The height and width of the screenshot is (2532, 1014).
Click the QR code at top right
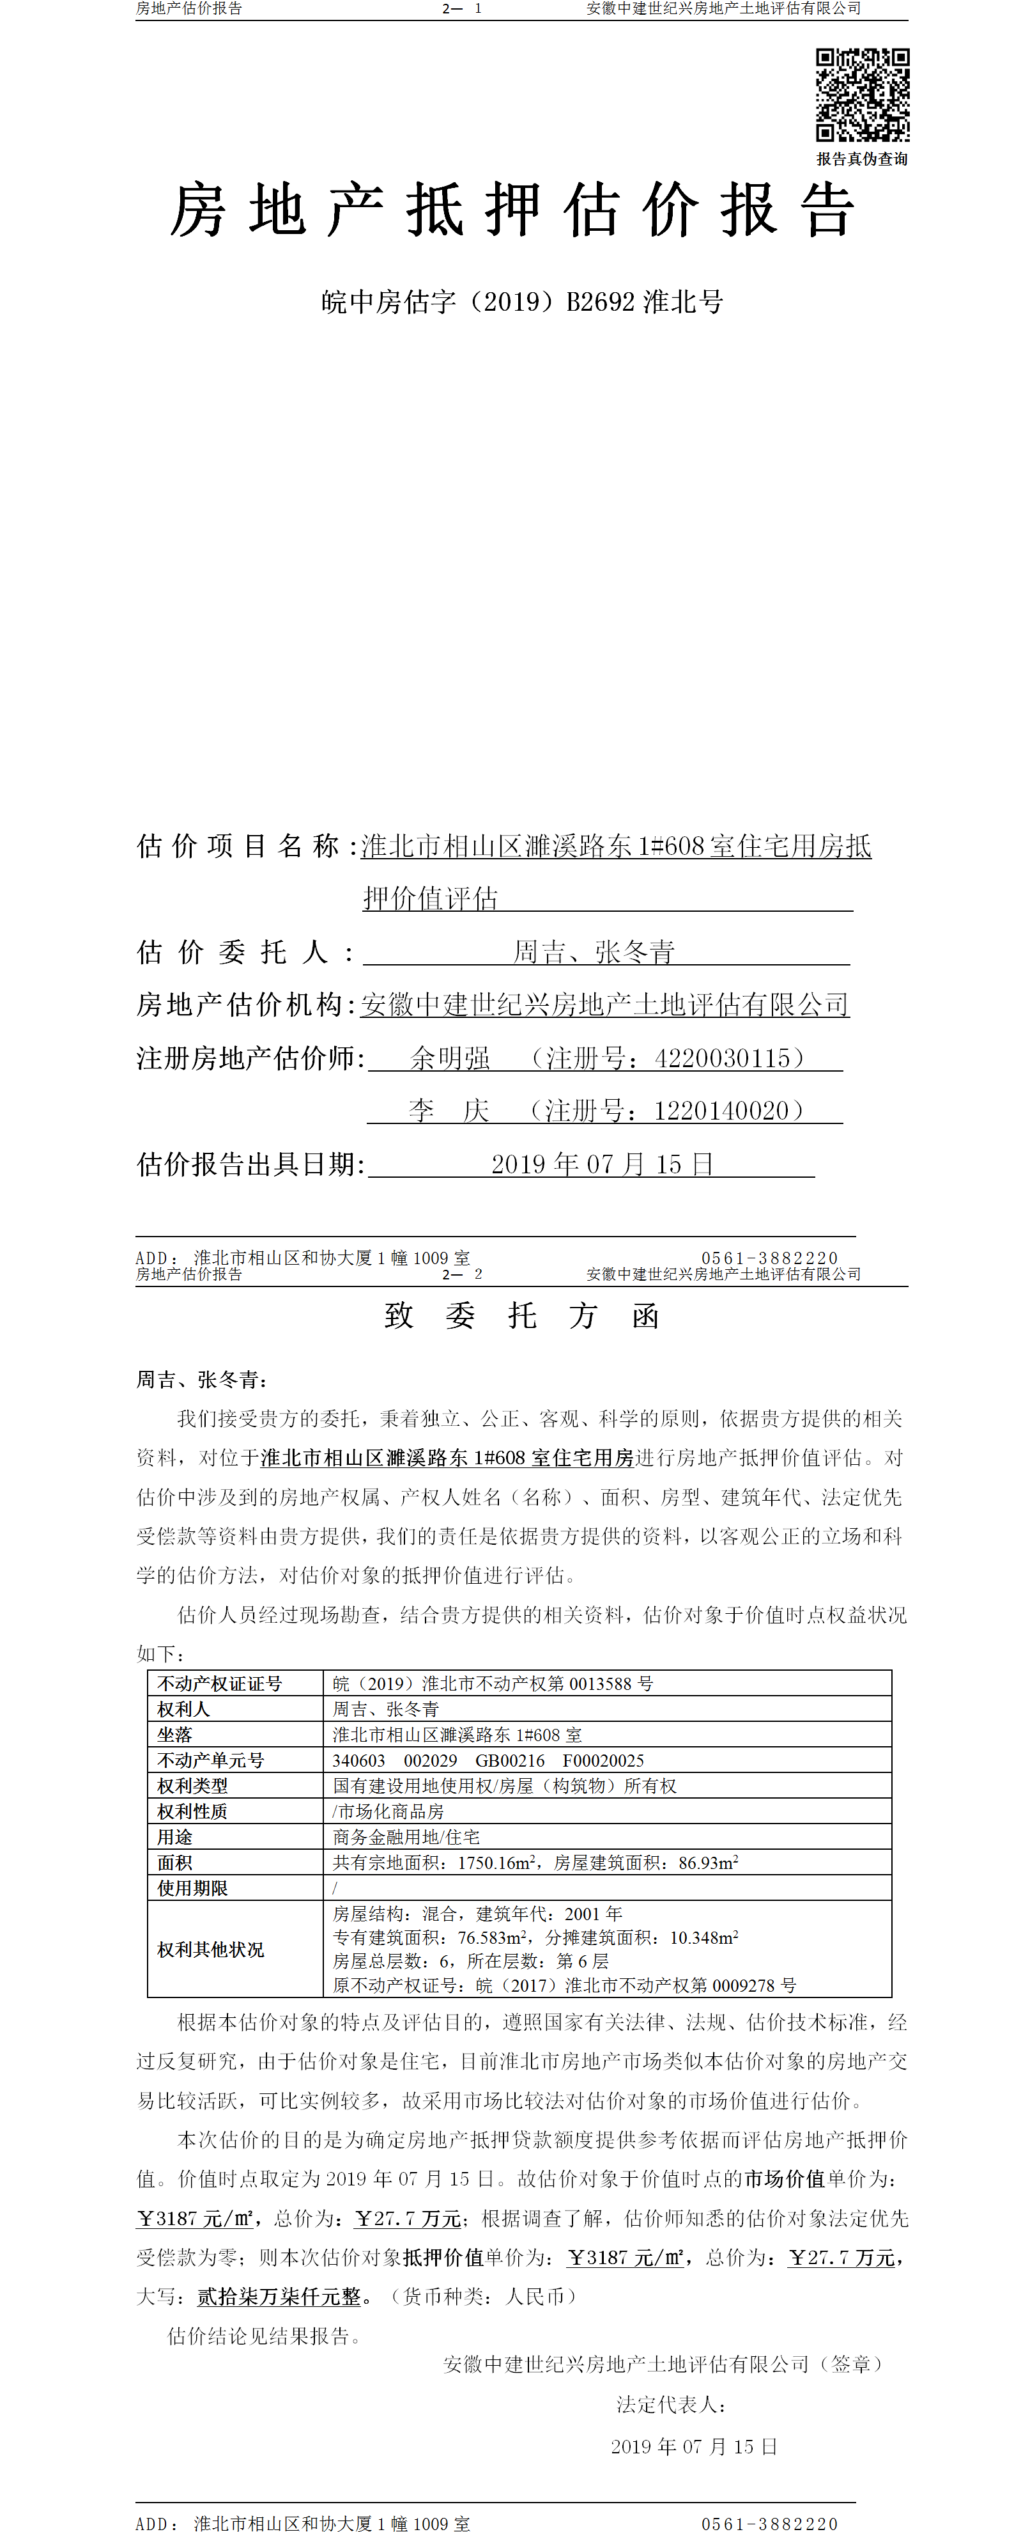pos(862,95)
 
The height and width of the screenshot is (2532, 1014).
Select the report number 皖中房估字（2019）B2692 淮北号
pos(522,302)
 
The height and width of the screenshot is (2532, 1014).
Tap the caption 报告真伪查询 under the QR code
pos(862,159)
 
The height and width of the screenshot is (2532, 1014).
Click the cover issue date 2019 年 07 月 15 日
pos(601,1165)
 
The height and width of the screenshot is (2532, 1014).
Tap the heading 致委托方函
pos(522,1316)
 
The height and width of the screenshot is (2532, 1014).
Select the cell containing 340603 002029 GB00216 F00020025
pos(488,1760)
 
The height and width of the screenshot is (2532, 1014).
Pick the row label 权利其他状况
pos(211,1949)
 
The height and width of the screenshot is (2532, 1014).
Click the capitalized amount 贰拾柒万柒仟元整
pos(279,2297)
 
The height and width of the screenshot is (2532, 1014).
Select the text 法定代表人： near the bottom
pos(672,2405)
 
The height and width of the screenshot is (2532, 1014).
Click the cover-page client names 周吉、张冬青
pos(594,953)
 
